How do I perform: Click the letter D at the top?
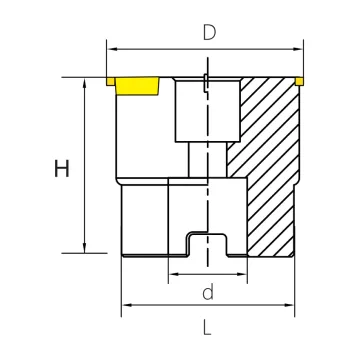[210, 32]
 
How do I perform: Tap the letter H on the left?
[62, 168]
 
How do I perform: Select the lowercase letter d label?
[208, 292]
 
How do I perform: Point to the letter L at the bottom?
[207, 327]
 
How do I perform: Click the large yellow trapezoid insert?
[137, 86]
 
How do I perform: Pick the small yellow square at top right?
[299, 81]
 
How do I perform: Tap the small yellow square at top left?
[111, 81]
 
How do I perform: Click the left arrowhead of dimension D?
[112, 49]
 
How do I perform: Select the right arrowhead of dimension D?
[298, 49]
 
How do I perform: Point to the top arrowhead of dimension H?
[84, 83]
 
